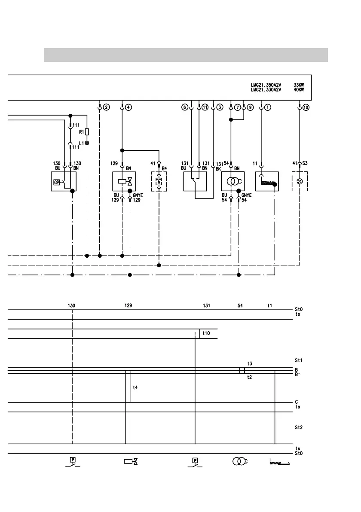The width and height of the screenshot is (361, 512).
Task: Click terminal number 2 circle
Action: (106, 107)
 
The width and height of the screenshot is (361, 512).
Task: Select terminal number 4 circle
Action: (128, 107)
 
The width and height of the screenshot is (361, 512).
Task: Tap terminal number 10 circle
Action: (306, 107)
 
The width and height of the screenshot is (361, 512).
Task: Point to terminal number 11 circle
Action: (205, 107)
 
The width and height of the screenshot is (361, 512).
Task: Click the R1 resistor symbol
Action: (87, 132)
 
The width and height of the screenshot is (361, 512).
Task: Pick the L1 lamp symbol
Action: (87, 142)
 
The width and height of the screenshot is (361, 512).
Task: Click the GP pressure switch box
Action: (63, 182)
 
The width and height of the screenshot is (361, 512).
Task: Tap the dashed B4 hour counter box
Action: (159, 182)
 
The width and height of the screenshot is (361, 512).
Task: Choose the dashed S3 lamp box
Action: (300, 182)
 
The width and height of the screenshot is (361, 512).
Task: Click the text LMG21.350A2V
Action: (266, 85)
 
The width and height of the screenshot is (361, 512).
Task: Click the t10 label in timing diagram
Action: (206, 333)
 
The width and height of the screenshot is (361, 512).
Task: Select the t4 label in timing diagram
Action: (135, 387)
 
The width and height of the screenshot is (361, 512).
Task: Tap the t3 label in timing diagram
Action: (250, 363)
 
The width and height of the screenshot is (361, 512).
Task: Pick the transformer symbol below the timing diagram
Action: (239, 461)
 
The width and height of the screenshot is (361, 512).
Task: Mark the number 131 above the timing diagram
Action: (207, 305)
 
